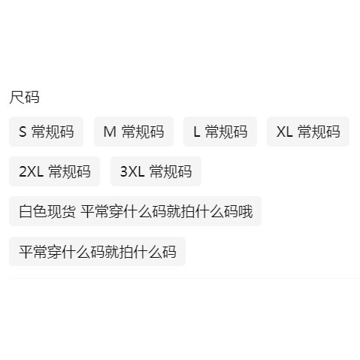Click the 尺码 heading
tap(24, 97)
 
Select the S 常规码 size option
tap(46, 132)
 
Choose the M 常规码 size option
tap(134, 132)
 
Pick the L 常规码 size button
tap(220, 132)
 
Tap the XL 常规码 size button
tap(308, 132)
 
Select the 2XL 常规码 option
tap(54, 171)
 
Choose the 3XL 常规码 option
tap(156, 171)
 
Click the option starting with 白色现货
tap(135, 211)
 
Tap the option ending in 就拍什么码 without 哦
tap(97, 252)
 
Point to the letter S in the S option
tap(23, 132)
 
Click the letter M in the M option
tap(110, 132)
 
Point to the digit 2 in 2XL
tap(23, 171)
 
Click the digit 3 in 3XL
tap(124, 171)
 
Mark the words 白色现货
tap(47, 211)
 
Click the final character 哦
tap(246, 211)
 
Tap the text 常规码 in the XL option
tap(319, 132)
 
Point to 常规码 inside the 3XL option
tap(171, 171)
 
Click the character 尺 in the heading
tap(17, 97)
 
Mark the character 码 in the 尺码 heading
tap(32, 97)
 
